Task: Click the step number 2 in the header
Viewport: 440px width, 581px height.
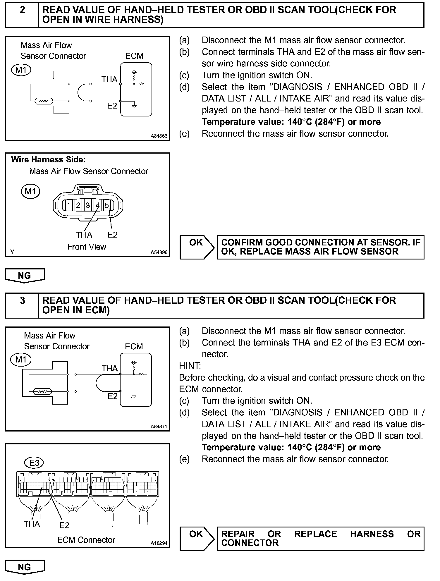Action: click(22, 10)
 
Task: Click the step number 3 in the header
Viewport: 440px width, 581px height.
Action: click(22, 300)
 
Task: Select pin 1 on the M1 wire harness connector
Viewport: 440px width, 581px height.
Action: click(69, 205)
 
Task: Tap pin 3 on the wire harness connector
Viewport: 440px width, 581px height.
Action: click(88, 205)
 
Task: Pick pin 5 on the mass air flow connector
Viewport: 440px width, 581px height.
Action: click(107, 205)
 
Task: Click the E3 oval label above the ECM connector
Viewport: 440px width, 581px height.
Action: click(34, 463)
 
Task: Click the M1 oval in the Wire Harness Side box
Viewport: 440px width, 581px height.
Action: click(30, 191)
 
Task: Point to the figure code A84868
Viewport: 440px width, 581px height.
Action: click(159, 136)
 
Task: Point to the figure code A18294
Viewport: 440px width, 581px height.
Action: click(159, 543)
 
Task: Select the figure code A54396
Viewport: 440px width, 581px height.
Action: click(159, 252)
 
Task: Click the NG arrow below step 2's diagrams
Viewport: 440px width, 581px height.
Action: click(25, 276)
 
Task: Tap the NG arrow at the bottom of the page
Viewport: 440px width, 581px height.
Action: click(25, 567)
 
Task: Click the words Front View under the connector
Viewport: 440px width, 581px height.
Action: click(87, 247)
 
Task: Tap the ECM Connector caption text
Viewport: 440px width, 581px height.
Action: click(86, 540)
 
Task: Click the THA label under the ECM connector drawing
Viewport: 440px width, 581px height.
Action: click(32, 524)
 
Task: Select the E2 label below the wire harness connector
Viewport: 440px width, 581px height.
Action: click(112, 235)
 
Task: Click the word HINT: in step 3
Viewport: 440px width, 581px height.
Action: click(190, 366)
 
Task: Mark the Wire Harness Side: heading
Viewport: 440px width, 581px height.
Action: click(48, 159)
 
